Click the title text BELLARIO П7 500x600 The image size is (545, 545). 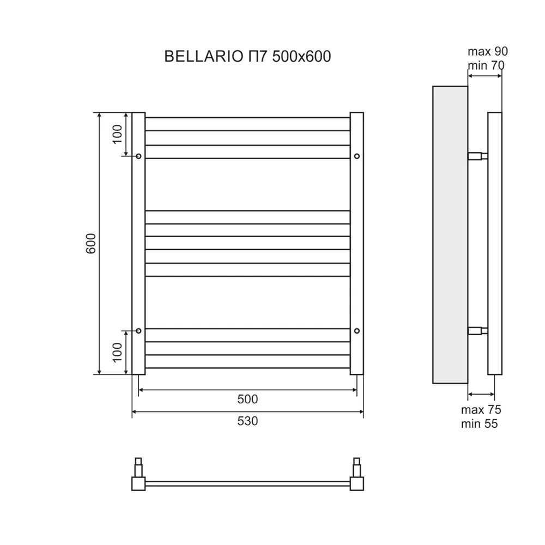pos(247,57)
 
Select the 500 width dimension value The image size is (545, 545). pos(247,399)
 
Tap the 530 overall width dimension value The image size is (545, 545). pos(247,421)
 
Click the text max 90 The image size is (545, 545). pos(487,52)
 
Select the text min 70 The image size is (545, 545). pos(486,66)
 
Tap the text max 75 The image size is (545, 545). pos(481,410)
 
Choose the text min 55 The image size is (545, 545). pos(479,424)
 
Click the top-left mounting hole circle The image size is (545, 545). pos(138,156)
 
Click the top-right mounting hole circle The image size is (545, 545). pos(357,156)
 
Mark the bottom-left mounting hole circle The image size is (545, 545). pos(138,330)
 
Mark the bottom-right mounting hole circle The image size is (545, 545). pos(357,330)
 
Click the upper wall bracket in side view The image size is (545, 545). pos(477,156)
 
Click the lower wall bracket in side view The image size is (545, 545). pos(477,330)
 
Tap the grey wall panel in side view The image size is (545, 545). pos(450,234)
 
